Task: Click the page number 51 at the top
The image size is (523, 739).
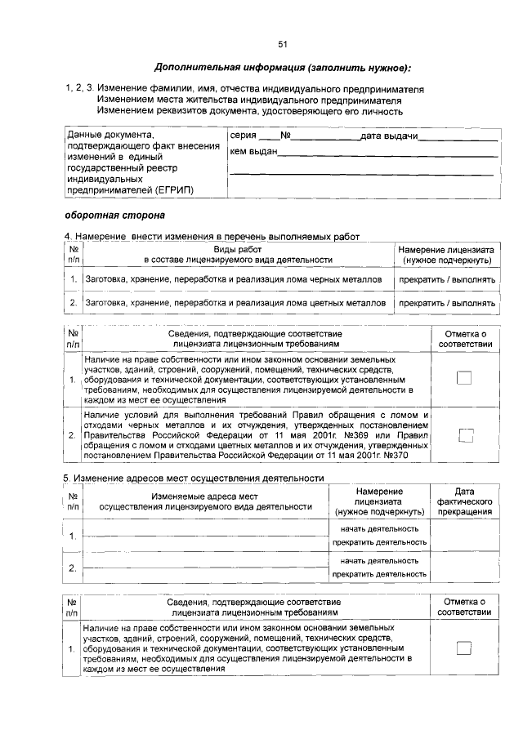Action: [x=282, y=43]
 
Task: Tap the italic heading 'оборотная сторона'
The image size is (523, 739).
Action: [x=114, y=216]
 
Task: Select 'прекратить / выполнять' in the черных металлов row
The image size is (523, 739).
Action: [x=446, y=279]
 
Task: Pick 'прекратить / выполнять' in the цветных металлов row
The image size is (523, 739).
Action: [x=446, y=303]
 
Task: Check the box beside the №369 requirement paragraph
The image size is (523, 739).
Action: [x=465, y=435]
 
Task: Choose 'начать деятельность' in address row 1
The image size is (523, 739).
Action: [x=379, y=528]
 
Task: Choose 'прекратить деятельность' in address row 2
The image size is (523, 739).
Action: [x=379, y=574]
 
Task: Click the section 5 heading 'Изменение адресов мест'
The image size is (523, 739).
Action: [x=194, y=478]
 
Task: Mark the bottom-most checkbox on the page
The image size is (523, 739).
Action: [x=464, y=648]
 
